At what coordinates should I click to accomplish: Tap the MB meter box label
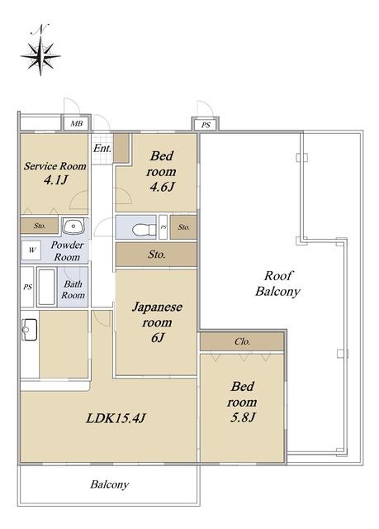point(77,123)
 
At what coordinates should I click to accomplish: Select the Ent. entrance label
point(102,148)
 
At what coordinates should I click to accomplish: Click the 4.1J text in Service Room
point(56,180)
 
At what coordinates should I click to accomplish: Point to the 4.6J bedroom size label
point(162,187)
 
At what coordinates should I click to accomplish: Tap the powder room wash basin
point(73,226)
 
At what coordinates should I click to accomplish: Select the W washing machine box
point(31,250)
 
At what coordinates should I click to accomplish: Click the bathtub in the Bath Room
point(46,287)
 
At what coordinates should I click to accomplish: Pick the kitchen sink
point(29,329)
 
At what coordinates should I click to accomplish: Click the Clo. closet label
point(242,341)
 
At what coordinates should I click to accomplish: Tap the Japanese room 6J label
point(157,322)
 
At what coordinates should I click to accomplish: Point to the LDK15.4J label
point(116,418)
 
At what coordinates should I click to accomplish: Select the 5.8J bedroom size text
point(243,417)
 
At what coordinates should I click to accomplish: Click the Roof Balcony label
point(277,284)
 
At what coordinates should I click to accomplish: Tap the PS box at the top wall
point(206,125)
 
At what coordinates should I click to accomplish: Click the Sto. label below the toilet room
point(157,254)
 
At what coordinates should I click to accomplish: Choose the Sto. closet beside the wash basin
point(40,226)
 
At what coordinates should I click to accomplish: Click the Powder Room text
point(67,250)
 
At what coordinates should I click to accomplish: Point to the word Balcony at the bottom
point(110,485)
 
